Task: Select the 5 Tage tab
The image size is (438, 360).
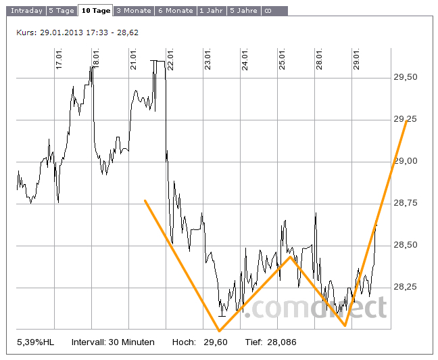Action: [62, 11]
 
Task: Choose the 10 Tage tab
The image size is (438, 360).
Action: [95, 11]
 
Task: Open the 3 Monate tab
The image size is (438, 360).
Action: [132, 11]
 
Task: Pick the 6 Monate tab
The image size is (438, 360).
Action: [175, 11]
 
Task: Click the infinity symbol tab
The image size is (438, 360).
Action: [267, 11]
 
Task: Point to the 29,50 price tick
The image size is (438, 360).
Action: [405, 77]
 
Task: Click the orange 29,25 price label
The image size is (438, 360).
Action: [405, 119]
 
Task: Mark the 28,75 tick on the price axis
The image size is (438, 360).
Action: [405, 203]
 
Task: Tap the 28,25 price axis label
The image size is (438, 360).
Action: [405, 287]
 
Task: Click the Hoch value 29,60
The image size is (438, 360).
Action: [216, 342]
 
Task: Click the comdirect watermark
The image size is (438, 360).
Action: [315, 308]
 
